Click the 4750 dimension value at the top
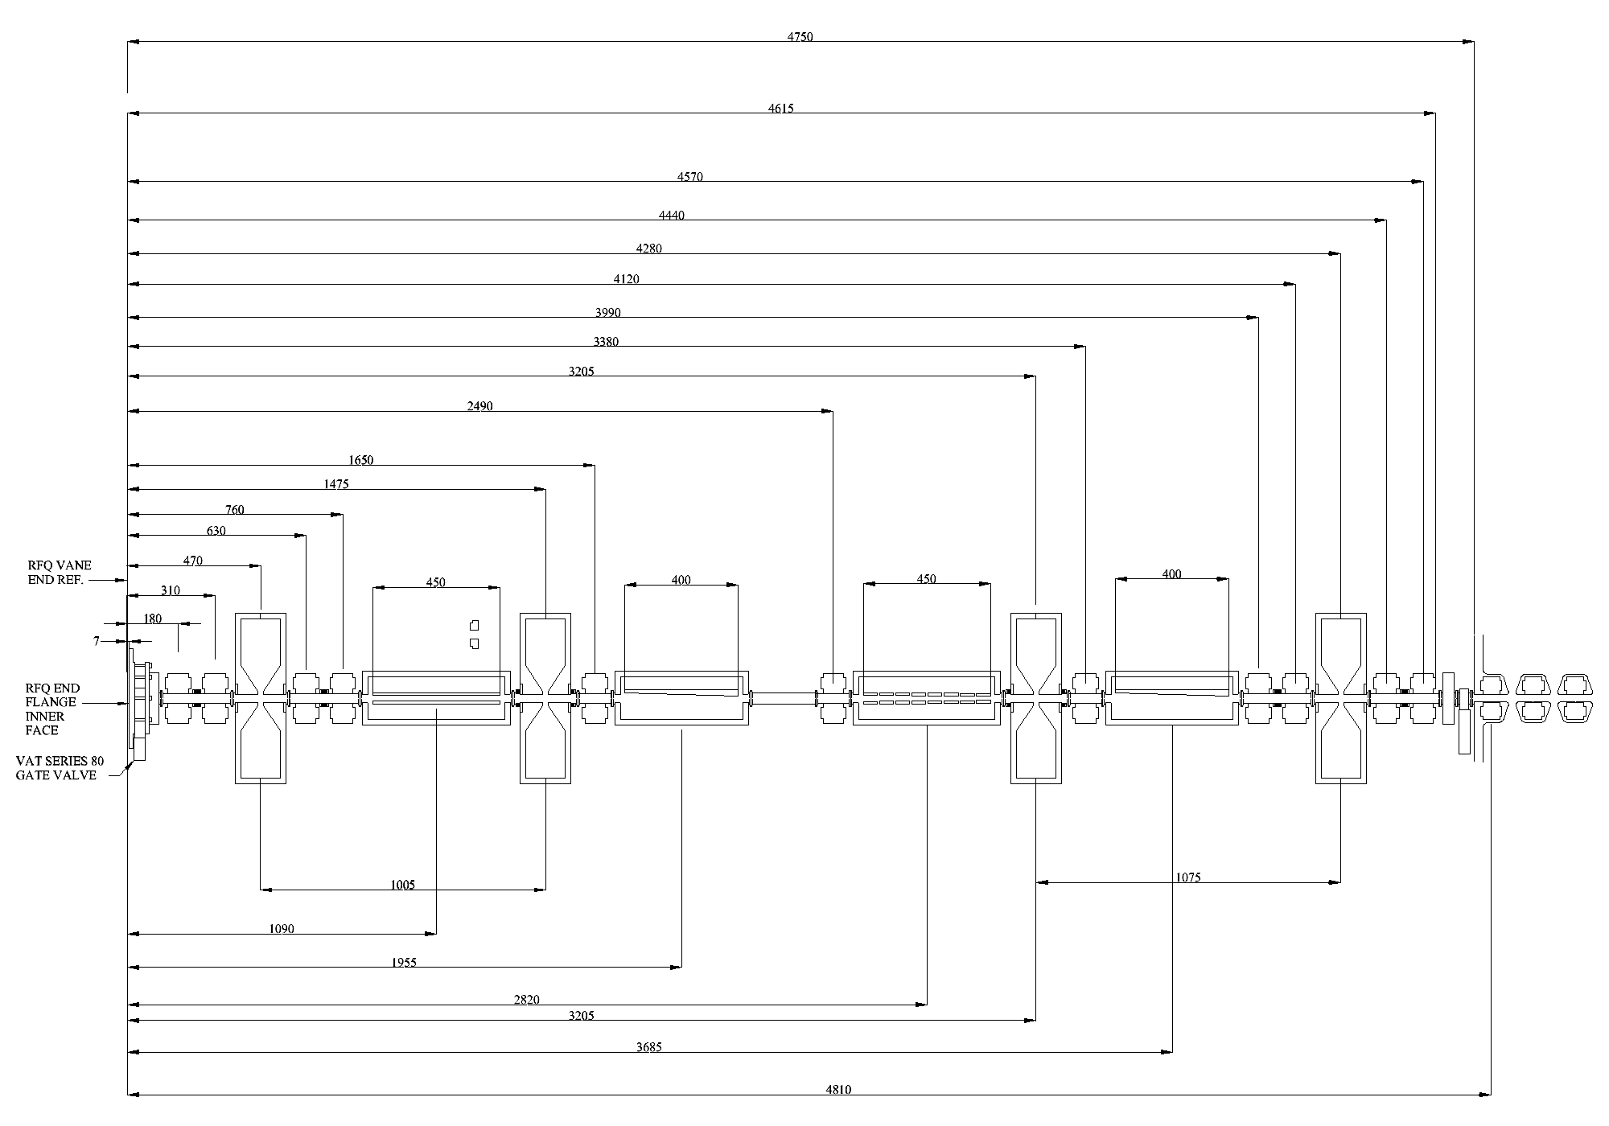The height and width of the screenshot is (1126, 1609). click(x=800, y=36)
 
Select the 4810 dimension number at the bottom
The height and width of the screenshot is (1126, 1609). click(x=838, y=1090)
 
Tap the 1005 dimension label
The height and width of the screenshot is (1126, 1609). click(x=403, y=885)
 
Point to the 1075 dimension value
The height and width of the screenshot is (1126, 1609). click(x=1187, y=877)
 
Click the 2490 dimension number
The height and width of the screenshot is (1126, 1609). click(x=479, y=406)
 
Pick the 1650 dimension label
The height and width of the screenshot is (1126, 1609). click(x=361, y=460)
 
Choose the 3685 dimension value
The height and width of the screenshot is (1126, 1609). click(x=648, y=1047)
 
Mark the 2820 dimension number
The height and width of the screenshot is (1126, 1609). click(x=526, y=1000)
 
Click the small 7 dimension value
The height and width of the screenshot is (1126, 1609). click(x=97, y=641)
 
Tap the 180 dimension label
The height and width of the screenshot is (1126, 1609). click(x=152, y=618)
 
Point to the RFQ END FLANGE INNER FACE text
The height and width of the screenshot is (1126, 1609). click(x=52, y=709)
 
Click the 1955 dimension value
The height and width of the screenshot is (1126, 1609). click(x=404, y=963)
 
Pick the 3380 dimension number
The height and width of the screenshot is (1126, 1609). click(x=606, y=342)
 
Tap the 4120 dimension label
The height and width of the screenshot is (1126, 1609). click(x=627, y=279)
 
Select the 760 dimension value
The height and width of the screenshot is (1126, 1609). click(x=234, y=509)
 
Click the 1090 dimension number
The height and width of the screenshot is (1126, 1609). click(x=281, y=929)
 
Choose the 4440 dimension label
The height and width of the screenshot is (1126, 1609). click(x=672, y=215)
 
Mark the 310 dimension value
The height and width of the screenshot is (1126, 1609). click(x=171, y=590)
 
